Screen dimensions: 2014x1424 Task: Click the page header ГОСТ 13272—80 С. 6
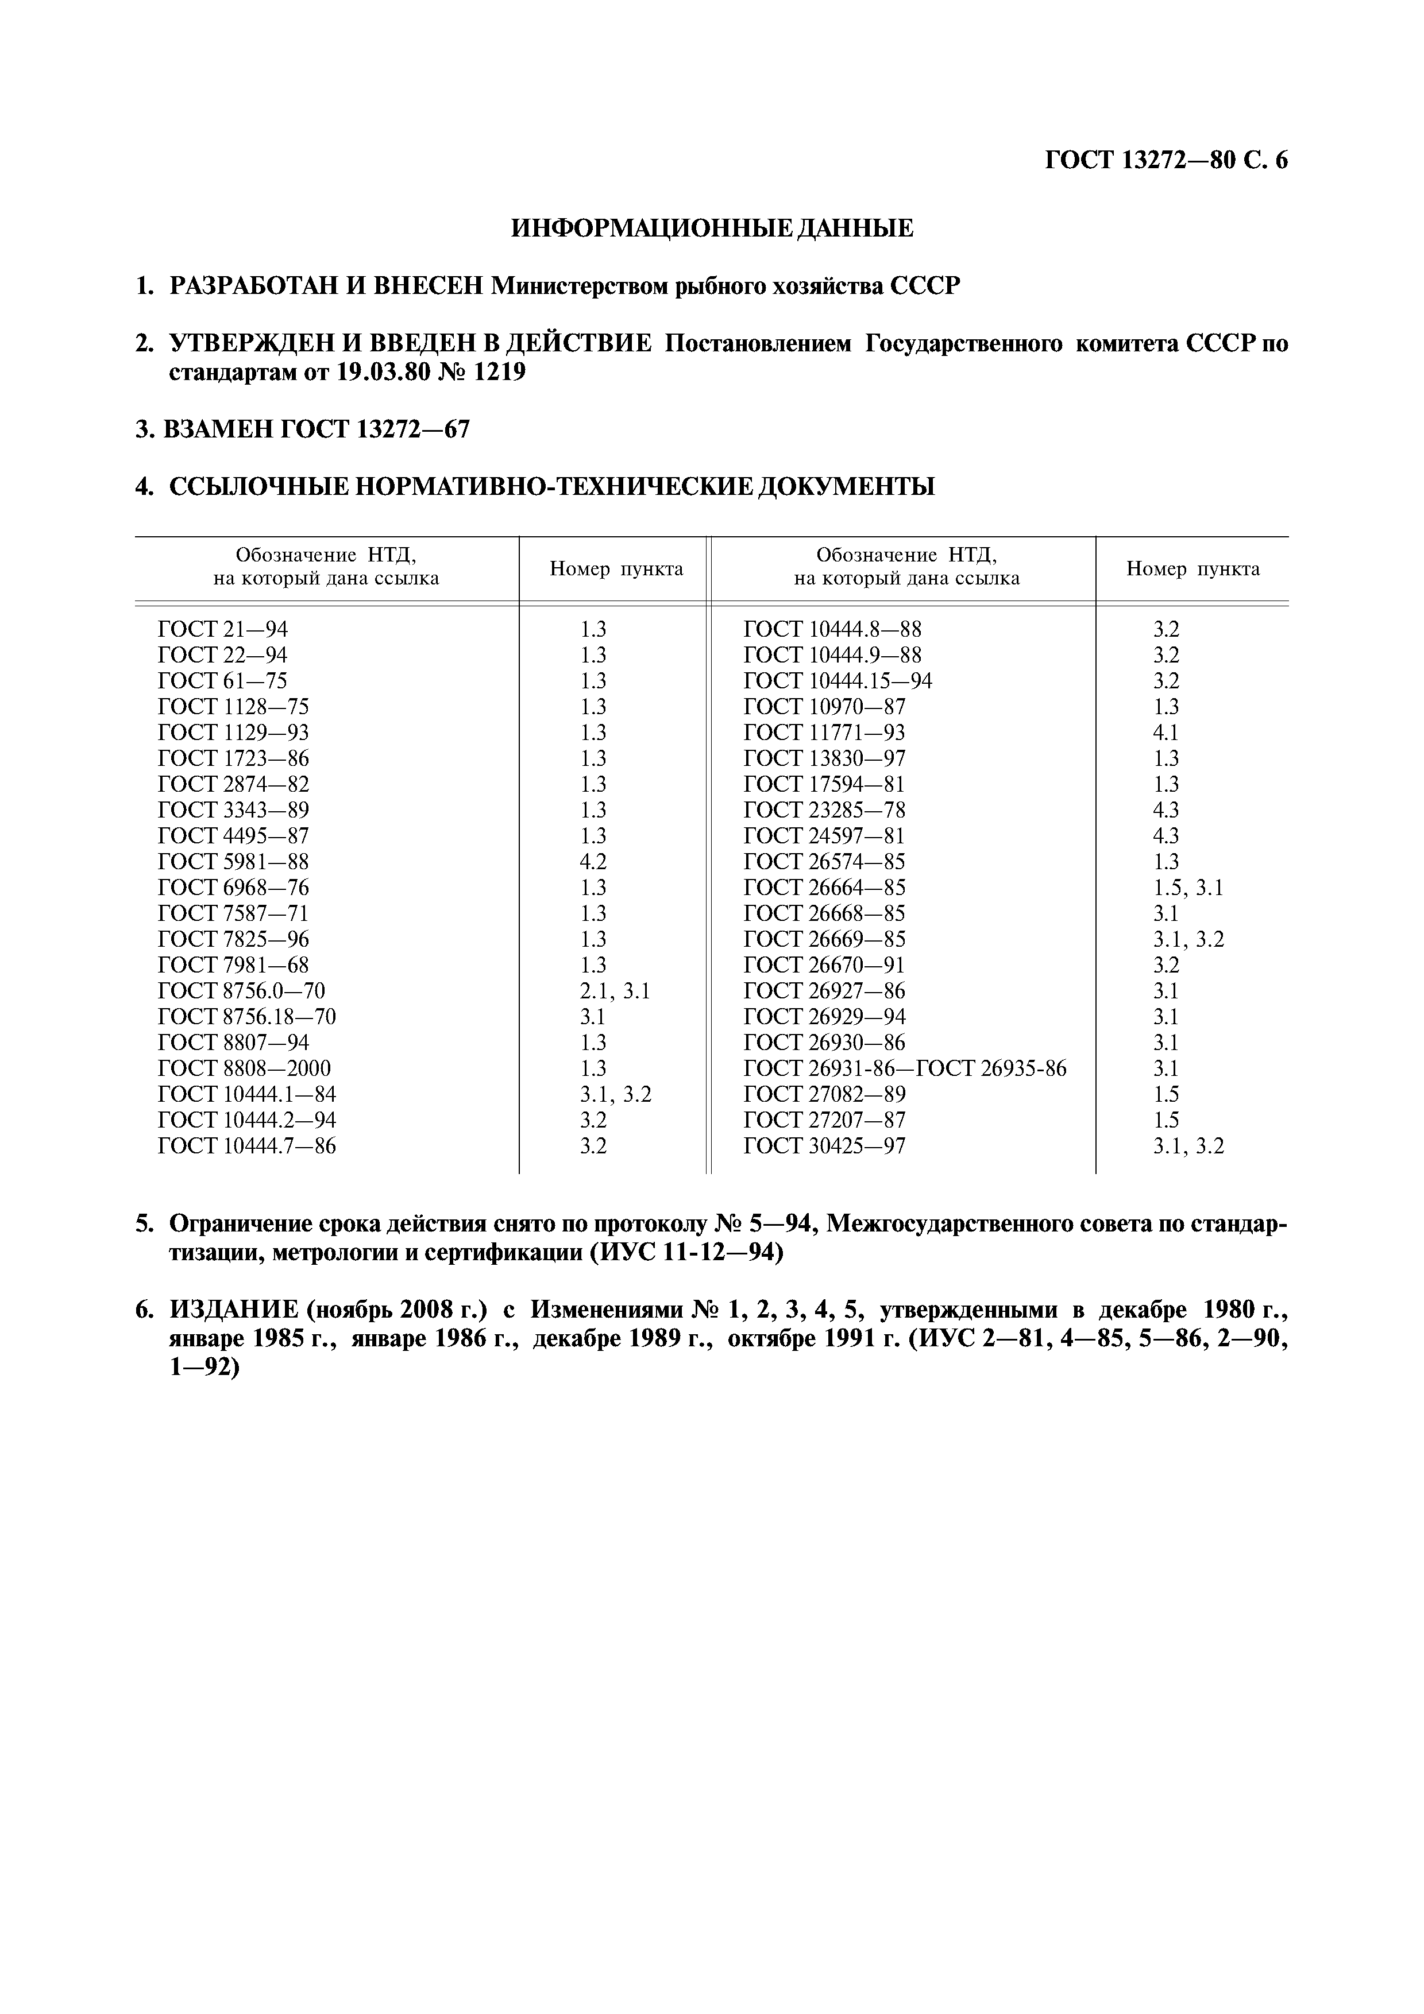coord(1166,161)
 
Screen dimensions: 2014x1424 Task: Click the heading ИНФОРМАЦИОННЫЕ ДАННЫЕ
coord(712,229)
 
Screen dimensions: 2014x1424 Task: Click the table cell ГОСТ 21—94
coord(223,629)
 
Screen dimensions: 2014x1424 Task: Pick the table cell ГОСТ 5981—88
coord(233,861)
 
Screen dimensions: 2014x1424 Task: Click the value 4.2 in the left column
coord(593,861)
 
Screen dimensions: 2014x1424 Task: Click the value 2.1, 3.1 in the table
coord(615,990)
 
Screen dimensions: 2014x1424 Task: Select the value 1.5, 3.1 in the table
coord(1188,887)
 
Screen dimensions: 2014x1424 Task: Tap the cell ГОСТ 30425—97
coord(824,1145)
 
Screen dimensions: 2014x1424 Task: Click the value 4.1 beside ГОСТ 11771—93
coord(1166,733)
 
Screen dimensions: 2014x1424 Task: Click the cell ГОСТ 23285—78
coord(824,810)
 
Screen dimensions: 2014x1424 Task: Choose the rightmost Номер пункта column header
coord(1193,568)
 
